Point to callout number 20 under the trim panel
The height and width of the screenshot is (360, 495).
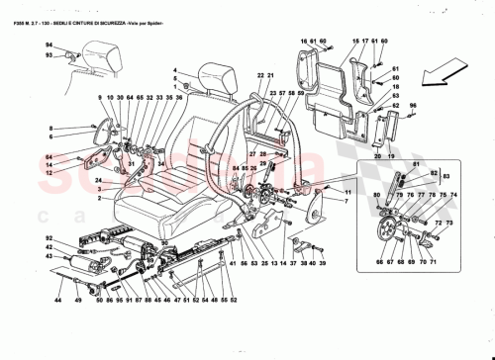(376, 156)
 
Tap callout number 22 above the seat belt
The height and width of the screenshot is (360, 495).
(257, 76)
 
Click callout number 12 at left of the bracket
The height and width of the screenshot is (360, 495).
(47, 172)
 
